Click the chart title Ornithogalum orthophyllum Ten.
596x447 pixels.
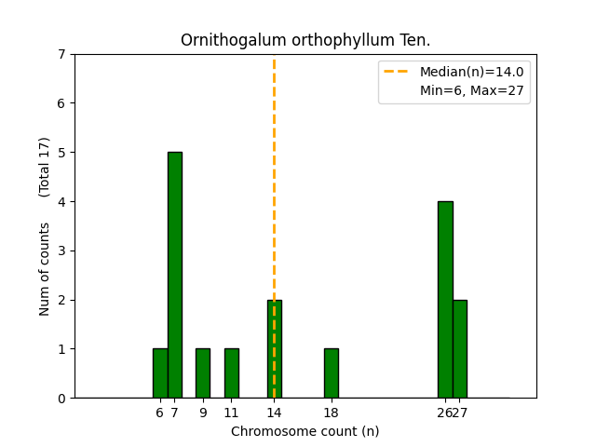(305, 40)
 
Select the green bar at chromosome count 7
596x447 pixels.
(175, 275)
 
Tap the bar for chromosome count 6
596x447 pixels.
(160, 373)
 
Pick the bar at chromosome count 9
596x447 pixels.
(203, 373)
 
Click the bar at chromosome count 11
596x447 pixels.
(232, 373)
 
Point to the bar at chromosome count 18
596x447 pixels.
(332, 373)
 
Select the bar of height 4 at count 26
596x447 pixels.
(445, 299)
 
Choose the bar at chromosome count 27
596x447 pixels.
(460, 349)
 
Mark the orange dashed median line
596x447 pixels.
(274, 186)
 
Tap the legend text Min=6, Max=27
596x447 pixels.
(471, 89)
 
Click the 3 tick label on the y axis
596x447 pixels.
(61, 251)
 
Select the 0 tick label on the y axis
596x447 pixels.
(61, 399)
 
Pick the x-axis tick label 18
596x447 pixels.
(331, 413)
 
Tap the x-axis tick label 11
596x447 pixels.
(231, 413)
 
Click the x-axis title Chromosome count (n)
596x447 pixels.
(305, 431)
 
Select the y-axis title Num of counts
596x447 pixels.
(45, 269)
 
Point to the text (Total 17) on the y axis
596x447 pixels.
(45, 167)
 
